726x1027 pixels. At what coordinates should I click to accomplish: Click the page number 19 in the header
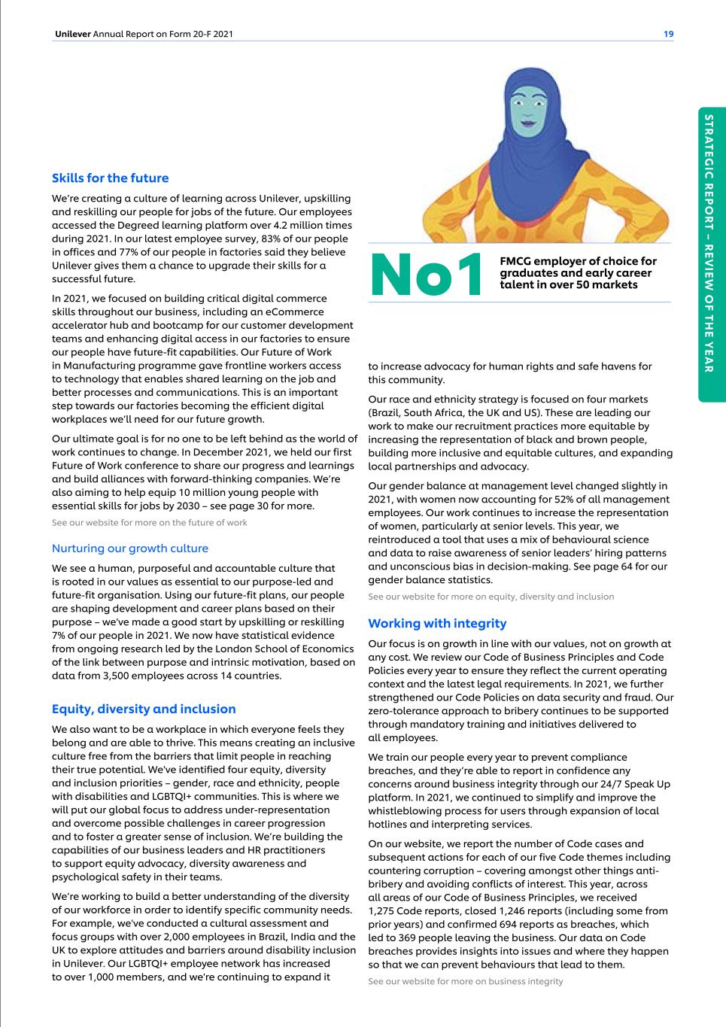pyautogui.click(x=668, y=34)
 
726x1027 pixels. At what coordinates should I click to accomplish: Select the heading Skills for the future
pyautogui.click(x=110, y=178)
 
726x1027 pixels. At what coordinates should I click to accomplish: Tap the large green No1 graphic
pyautogui.click(x=426, y=275)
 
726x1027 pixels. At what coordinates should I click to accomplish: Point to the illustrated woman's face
pyautogui.click(x=534, y=111)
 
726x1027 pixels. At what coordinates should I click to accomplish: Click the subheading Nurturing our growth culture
pyautogui.click(x=129, y=548)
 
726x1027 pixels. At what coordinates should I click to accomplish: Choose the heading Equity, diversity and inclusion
pyautogui.click(x=144, y=709)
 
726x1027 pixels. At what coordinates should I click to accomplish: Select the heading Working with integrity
pyautogui.click(x=437, y=623)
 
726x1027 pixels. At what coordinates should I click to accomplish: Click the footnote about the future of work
pyautogui.click(x=149, y=522)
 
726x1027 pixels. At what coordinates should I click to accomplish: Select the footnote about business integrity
pyautogui.click(x=465, y=981)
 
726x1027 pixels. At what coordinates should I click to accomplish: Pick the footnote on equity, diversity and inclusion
pyautogui.click(x=491, y=597)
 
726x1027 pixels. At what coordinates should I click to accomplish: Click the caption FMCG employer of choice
pyautogui.click(x=578, y=272)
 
